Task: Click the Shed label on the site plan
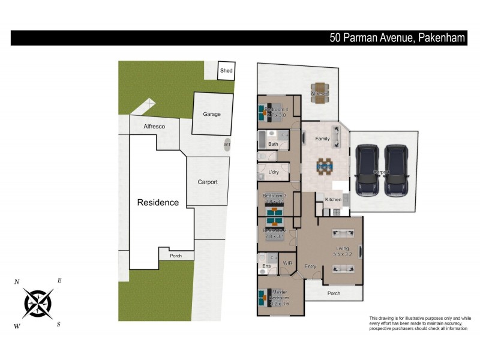pos(226,71)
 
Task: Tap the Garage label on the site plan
pos(211,114)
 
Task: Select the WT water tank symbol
pos(227,145)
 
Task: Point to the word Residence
pos(158,202)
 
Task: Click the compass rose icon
pos(38,303)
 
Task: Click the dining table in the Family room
pos(324,166)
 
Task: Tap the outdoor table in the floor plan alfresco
pos(319,94)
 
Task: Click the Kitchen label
pos(333,199)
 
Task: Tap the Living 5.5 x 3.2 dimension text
pos(342,254)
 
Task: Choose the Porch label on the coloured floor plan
pos(333,293)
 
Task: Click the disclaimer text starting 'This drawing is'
pos(420,323)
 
